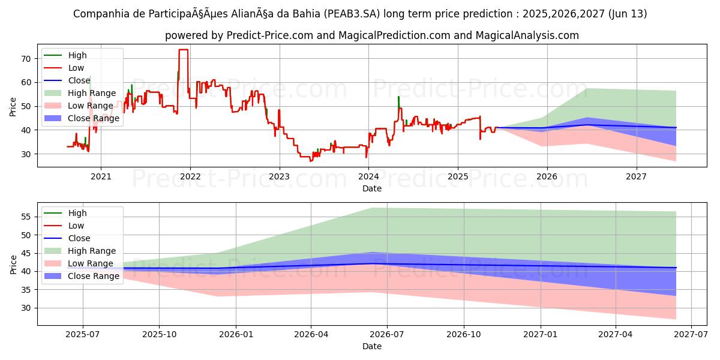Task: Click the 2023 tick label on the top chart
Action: pyautogui.click(x=279, y=177)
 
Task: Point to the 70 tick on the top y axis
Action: pyautogui.click(x=25, y=59)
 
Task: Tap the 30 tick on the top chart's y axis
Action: pyautogui.click(x=25, y=154)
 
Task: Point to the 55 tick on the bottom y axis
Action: pyautogui.click(x=25, y=217)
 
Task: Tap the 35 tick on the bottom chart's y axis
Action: pyautogui.click(x=25, y=290)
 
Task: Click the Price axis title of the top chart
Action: pyautogui.click(x=13, y=106)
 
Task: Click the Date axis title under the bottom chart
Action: pyautogui.click(x=372, y=346)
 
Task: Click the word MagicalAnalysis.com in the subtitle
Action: pyautogui.click(x=527, y=35)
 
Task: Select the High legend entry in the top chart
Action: pyautogui.click(x=77, y=55)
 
